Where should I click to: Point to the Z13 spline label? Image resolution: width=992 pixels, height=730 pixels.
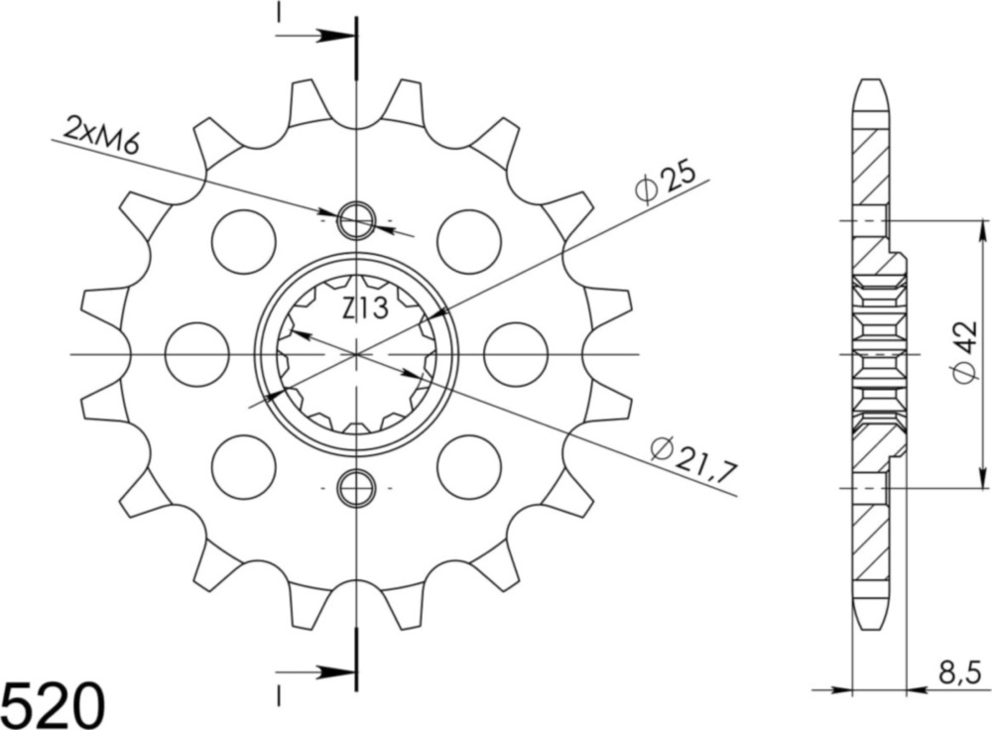click(365, 310)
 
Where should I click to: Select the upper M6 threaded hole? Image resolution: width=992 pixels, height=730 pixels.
click(356, 220)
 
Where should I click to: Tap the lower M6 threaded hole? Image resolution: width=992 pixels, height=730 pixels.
click(356, 487)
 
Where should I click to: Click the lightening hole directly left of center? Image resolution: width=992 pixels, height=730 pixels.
click(196, 353)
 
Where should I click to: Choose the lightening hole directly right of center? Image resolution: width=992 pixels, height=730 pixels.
click(516, 353)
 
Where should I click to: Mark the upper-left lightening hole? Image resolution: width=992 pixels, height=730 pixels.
click(243, 241)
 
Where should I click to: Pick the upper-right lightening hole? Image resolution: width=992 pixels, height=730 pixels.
click(469, 241)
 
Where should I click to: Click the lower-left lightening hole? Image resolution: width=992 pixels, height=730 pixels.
click(243, 466)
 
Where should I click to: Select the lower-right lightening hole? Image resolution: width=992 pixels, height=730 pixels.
click(469, 466)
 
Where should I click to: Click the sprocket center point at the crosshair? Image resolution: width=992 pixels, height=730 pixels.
click(356, 353)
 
